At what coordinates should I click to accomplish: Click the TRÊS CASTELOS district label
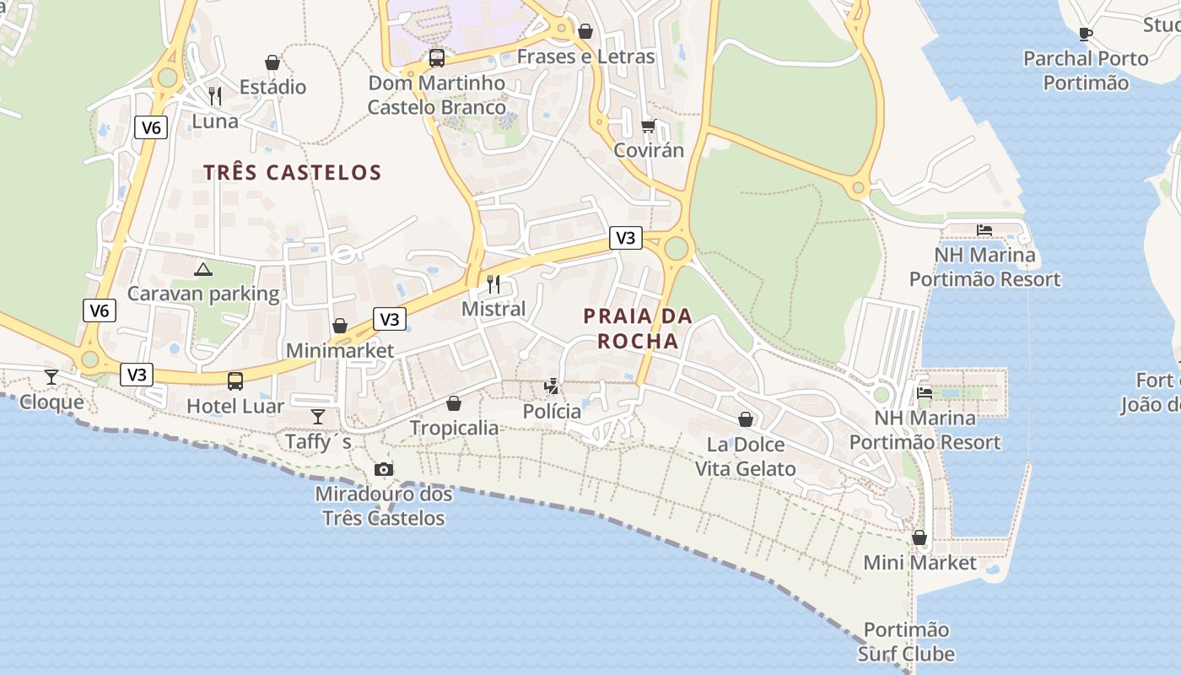pyautogui.click(x=292, y=173)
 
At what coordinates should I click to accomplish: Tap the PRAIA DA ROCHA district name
pyautogui.click(x=638, y=328)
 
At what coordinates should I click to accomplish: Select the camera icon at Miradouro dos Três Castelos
pyautogui.click(x=384, y=469)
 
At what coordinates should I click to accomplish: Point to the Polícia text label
pyautogui.click(x=552, y=411)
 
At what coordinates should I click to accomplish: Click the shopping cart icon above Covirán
pyautogui.click(x=648, y=126)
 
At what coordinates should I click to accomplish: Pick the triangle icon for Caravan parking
pyautogui.click(x=202, y=270)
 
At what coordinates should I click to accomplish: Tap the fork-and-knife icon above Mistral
pyautogui.click(x=493, y=283)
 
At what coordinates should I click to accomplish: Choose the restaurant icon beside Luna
pyautogui.click(x=215, y=96)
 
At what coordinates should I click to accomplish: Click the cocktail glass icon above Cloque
pyautogui.click(x=51, y=376)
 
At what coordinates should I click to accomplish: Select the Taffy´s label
pyautogui.click(x=318, y=441)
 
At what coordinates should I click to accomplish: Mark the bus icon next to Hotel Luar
pyautogui.click(x=235, y=381)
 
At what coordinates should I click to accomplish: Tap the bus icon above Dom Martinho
pyautogui.click(x=436, y=58)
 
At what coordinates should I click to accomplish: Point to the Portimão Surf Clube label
pyautogui.click(x=907, y=641)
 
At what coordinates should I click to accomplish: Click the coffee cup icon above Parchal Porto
pyautogui.click(x=1086, y=35)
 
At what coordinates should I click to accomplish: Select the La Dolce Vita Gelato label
pyautogui.click(x=746, y=456)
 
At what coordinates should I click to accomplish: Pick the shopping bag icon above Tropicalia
pyautogui.click(x=454, y=403)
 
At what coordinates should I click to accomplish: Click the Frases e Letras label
pyautogui.click(x=585, y=57)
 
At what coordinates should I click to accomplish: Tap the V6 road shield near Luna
pyautogui.click(x=151, y=127)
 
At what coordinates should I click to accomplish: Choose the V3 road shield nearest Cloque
pyautogui.click(x=137, y=375)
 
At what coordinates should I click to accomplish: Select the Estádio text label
pyautogui.click(x=272, y=87)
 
